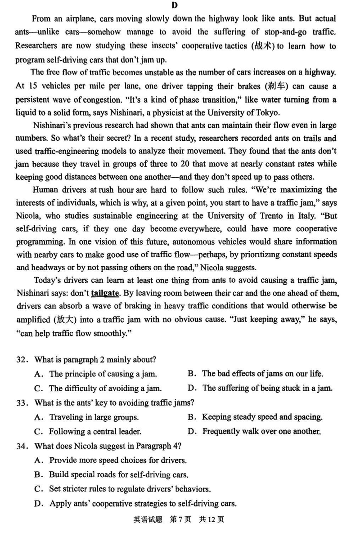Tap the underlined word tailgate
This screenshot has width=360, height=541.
tap(105, 293)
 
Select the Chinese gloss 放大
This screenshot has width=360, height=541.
tap(64, 320)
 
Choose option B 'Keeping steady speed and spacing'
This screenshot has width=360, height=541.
tap(262, 417)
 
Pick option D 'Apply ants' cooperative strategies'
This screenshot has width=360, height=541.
tap(143, 503)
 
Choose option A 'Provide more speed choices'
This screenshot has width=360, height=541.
tap(118, 460)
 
